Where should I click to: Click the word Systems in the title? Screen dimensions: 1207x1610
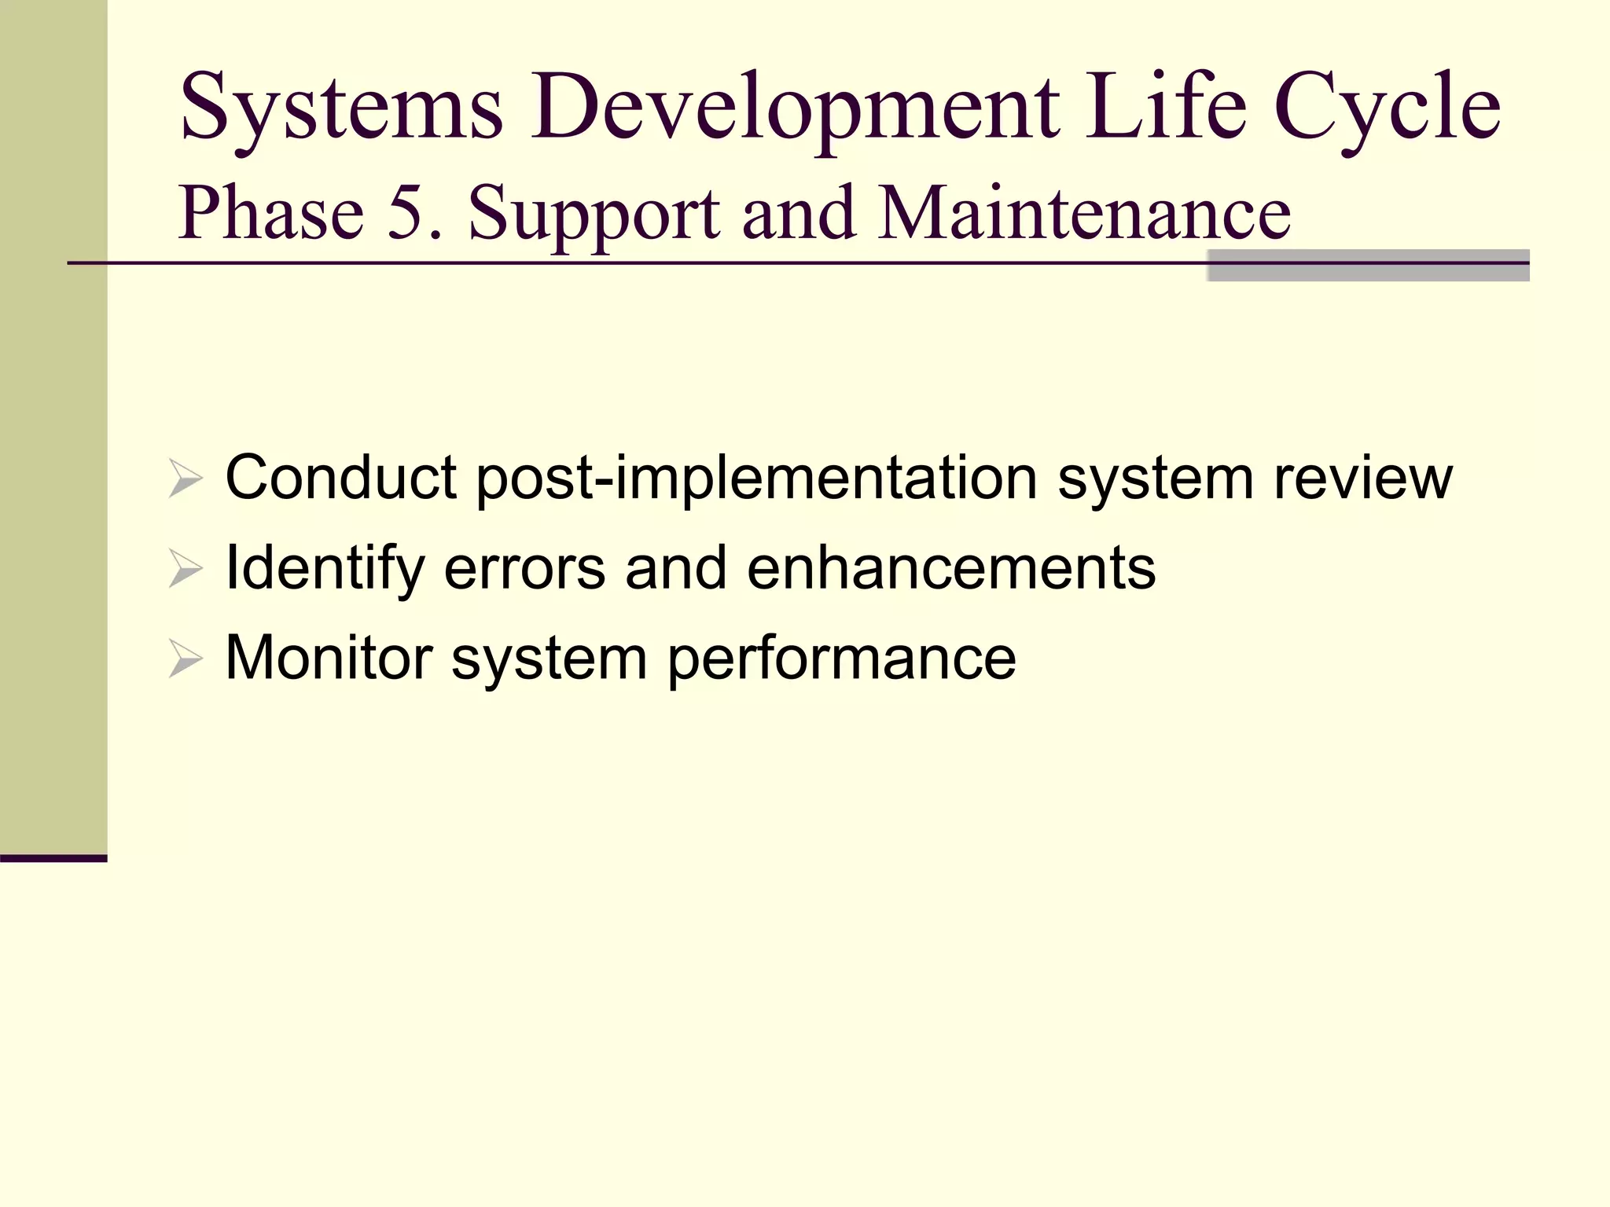click(341, 108)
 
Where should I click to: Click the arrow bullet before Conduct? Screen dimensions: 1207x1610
click(186, 479)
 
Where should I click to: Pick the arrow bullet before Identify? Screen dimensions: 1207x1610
click(186, 569)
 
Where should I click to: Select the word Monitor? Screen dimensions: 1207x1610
click(329, 659)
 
